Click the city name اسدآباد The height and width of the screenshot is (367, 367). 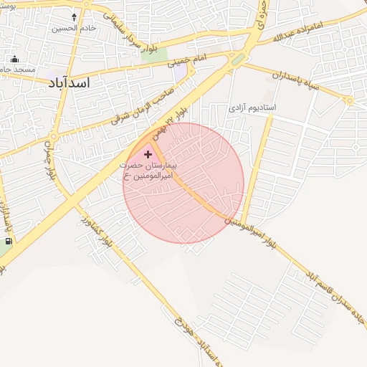[69, 84]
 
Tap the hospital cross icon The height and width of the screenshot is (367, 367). [148, 153]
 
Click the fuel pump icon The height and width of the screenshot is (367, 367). [9, 242]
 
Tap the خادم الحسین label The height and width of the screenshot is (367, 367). [74, 29]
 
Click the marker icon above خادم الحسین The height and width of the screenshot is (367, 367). [74, 16]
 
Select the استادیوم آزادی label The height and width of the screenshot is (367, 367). [257, 108]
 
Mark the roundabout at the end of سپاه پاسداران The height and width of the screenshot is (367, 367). [349, 101]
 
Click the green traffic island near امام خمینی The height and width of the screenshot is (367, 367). [237, 60]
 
